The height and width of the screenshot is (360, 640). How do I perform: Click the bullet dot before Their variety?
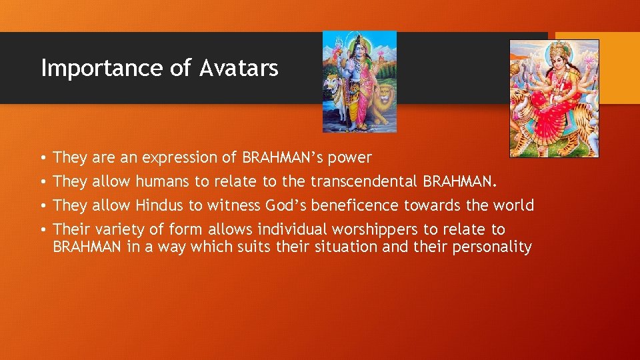(43, 230)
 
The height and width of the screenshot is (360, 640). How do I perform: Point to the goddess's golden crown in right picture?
(559, 48)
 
